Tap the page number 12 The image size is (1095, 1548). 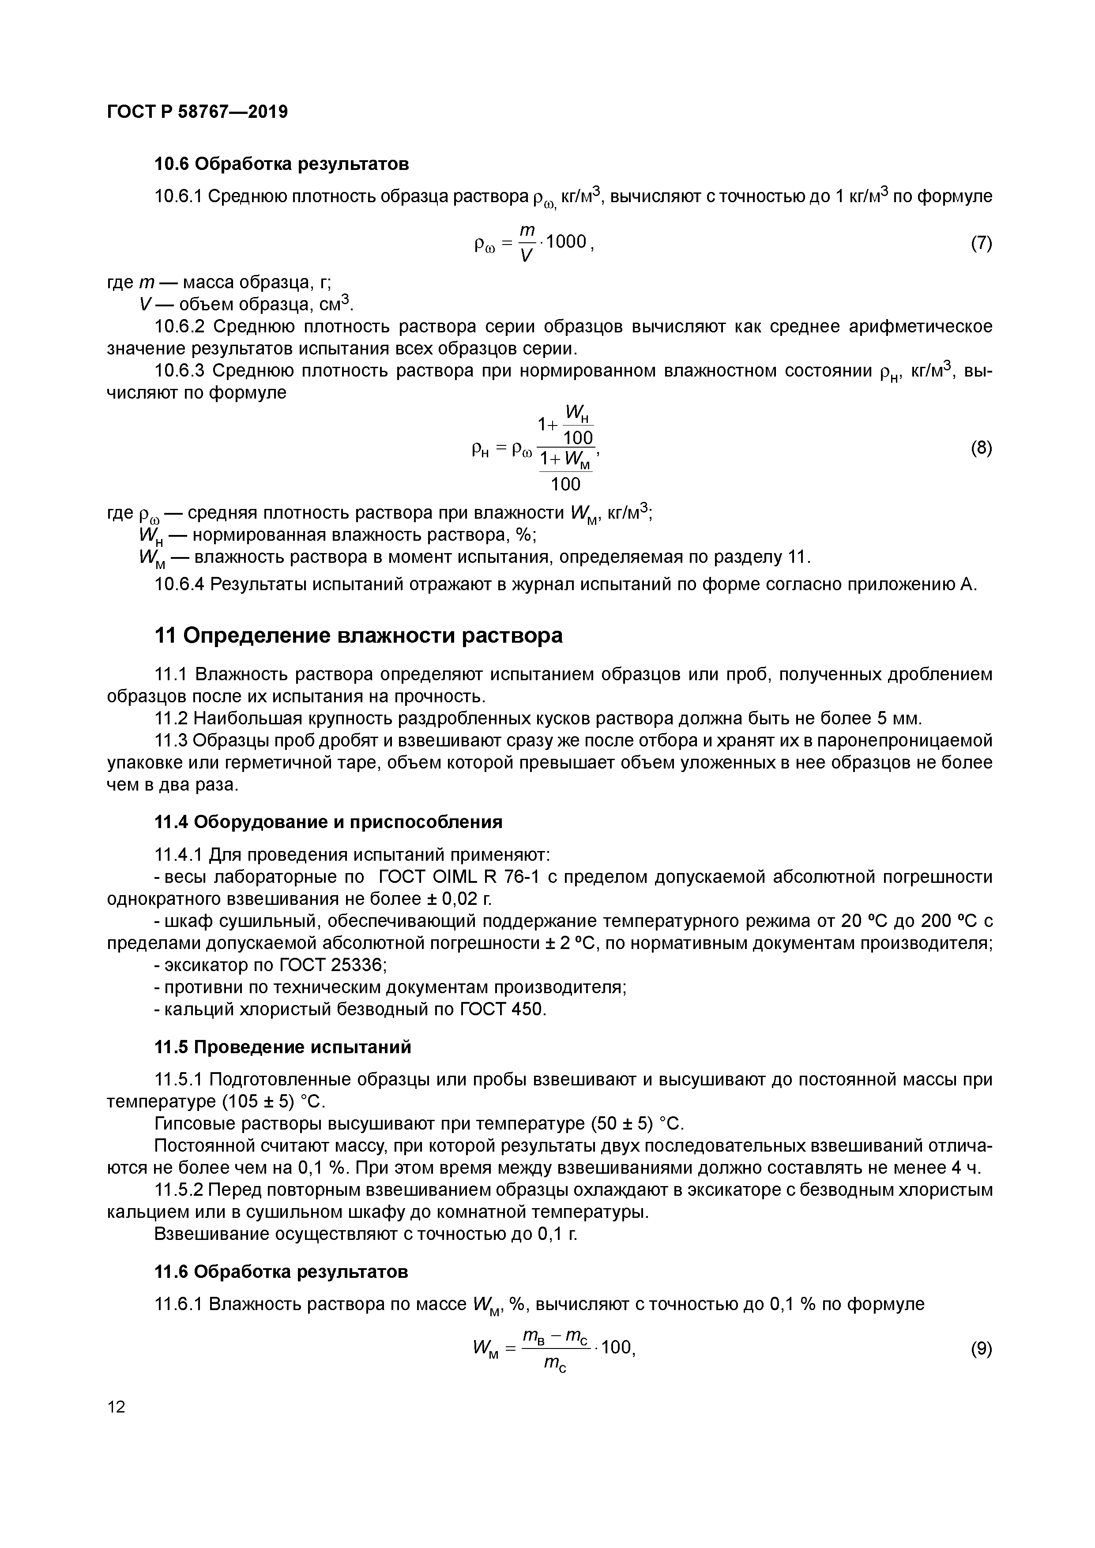116,1407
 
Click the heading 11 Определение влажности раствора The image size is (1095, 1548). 359,636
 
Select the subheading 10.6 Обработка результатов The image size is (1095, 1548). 282,164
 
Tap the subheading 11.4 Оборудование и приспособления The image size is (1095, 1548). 329,822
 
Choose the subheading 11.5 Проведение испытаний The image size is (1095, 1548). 283,1047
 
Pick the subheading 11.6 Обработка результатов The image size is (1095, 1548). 282,1272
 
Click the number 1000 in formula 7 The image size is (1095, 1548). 566,241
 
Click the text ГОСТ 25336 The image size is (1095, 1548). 332,965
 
